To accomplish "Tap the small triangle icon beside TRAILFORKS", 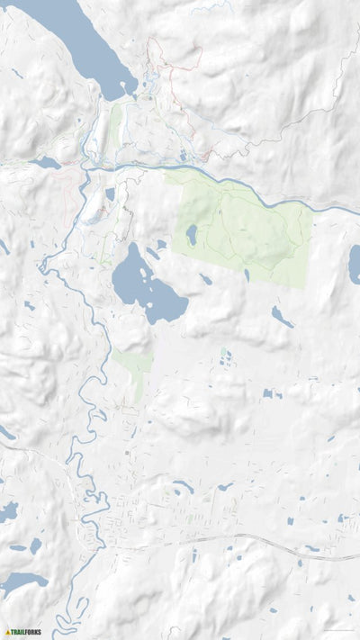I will [x=8, y=632].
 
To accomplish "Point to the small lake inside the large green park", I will [x=192, y=236].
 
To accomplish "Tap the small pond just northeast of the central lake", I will [x=160, y=244].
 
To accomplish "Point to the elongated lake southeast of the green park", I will [x=282, y=316].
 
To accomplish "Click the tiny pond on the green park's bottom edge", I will [x=247, y=275].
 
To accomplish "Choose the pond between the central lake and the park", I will [x=206, y=280].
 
